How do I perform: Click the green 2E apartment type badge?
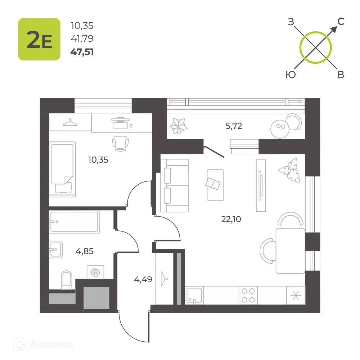(39, 39)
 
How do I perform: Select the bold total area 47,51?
(82, 52)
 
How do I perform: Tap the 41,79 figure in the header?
(82, 39)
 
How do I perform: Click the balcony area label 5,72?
(234, 126)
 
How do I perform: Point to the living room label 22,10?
(231, 219)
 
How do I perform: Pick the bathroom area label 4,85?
(85, 251)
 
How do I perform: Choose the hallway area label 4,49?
(143, 279)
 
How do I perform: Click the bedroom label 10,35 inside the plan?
(98, 160)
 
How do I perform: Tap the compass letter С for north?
(341, 22)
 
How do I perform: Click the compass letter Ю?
(291, 75)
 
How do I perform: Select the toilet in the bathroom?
(67, 280)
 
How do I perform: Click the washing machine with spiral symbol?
(95, 272)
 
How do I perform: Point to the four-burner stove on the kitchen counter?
(248, 295)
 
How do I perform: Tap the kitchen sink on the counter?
(194, 296)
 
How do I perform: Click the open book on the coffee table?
(213, 184)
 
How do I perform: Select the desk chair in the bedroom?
(120, 144)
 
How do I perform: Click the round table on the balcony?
(280, 129)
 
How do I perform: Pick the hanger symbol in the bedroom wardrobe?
(70, 122)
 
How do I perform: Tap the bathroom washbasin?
(55, 249)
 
